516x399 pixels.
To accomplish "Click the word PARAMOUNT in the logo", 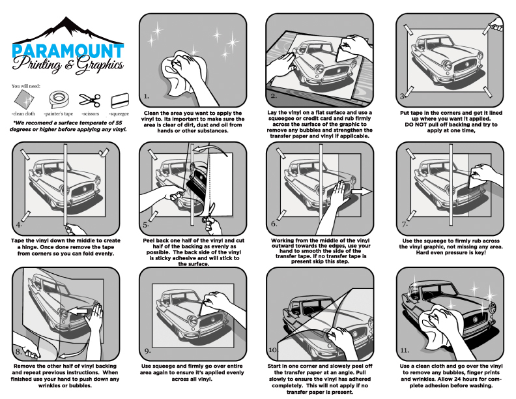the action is point(68,52).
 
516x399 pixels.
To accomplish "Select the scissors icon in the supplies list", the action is point(89,100).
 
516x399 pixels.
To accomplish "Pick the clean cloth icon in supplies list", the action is point(25,100).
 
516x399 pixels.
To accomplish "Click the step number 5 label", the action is point(147,226).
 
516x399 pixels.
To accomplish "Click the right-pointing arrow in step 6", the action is point(360,191).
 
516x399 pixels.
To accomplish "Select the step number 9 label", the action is point(148,353).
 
